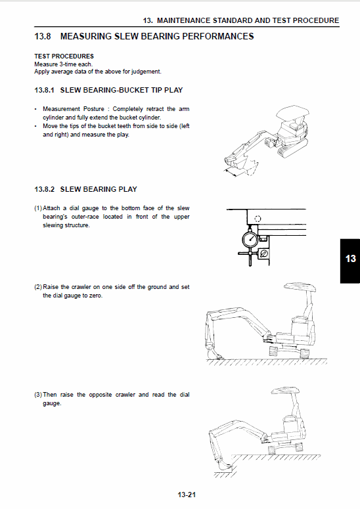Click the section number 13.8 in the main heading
(45, 36)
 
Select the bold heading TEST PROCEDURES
(64, 56)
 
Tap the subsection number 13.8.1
(45, 89)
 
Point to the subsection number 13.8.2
(45, 189)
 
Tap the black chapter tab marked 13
(349, 259)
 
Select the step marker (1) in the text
(38, 208)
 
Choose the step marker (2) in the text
(38, 287)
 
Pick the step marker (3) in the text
(38, 395)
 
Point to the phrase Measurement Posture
(71, 108)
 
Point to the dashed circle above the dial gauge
(257, 219)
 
